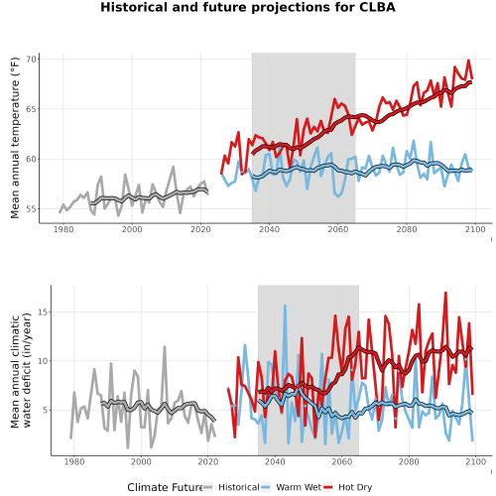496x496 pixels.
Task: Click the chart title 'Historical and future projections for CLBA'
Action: click(x=248, y=7)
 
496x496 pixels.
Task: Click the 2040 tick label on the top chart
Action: click(x=269, y=229)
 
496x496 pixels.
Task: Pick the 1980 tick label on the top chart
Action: click(x=63, y=229)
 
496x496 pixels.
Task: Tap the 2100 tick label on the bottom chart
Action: click(x=475, y=461)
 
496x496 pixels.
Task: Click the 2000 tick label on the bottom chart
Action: click(x=141, y=461)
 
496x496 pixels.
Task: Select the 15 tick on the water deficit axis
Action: click(x=44, y=311)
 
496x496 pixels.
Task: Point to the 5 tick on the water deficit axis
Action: click(x=46, y=410)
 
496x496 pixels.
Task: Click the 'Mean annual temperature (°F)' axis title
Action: click(x=15, y=138)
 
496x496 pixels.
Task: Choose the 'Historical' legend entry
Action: click(x=231, y=487)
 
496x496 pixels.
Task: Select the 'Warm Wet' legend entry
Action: click(x=291, y=487)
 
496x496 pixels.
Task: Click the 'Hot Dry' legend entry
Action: click(x=347, y=487)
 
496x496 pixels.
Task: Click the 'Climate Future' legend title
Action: click(x=165, y=487)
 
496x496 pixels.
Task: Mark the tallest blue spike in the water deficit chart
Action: click(x=285, y=306)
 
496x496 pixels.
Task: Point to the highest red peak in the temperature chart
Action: click(x=468, y=61)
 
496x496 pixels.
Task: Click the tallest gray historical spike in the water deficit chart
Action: click(x=165, y=347)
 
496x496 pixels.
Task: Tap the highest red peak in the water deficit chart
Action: click(x=445, y=293)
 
